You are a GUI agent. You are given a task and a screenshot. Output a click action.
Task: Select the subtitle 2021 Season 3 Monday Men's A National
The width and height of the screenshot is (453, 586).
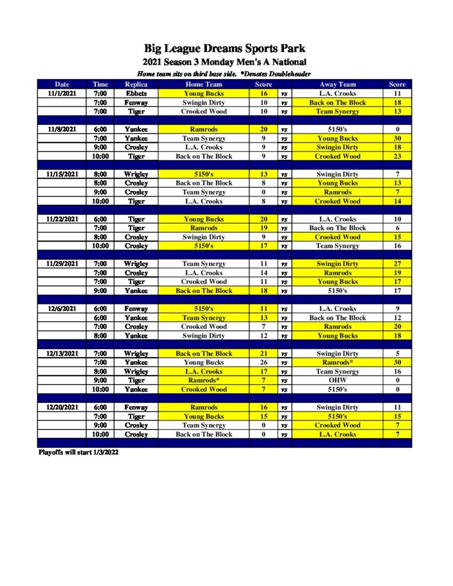point(224,62)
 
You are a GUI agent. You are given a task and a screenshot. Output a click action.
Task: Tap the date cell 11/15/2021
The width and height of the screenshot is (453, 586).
point(61,174)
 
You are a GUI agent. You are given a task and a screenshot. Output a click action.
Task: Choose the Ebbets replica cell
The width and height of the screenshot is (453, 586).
point(136,93)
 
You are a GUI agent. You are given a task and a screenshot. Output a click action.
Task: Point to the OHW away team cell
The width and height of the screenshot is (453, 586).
point(337,381)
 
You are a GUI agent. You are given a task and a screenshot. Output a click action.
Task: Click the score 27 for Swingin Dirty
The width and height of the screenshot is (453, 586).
point(397,264)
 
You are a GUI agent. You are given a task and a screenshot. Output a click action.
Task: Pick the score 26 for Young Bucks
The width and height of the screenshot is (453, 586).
point(263,362)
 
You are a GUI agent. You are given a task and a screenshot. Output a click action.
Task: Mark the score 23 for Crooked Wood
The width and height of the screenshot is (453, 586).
point(397,156)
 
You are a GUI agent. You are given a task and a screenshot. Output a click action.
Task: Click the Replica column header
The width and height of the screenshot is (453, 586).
point(136,84)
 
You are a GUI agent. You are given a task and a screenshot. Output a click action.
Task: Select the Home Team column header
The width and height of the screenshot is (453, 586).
point(203,84)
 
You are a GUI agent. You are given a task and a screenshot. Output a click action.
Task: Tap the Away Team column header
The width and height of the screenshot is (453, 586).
point(337,84)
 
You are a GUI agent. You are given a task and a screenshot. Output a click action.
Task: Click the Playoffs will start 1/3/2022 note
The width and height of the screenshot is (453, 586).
point(78,452)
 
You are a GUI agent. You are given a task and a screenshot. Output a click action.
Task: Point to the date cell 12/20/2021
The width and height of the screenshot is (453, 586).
point(61,407)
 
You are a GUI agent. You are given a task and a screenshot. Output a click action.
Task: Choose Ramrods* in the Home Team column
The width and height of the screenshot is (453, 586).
point(203,381)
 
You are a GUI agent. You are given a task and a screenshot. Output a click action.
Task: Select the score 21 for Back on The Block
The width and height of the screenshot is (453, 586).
point(263,354)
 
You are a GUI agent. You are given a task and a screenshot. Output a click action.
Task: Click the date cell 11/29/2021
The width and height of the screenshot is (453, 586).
point(61,264)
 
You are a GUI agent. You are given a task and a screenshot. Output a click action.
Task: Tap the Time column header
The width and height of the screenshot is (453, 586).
point(100,84)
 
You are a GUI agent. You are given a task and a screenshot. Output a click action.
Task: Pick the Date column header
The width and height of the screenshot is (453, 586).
point(61,84)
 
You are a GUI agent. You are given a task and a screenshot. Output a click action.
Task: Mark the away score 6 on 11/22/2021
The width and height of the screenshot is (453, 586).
point(397,228)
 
